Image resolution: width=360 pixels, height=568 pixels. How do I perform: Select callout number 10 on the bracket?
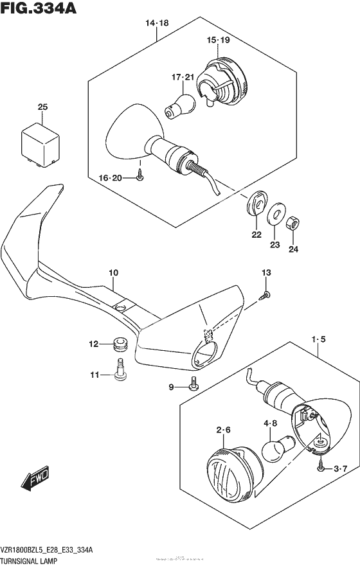click(x=113, y=273)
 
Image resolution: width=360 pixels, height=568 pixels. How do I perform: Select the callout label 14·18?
click(x=156, y=23)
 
